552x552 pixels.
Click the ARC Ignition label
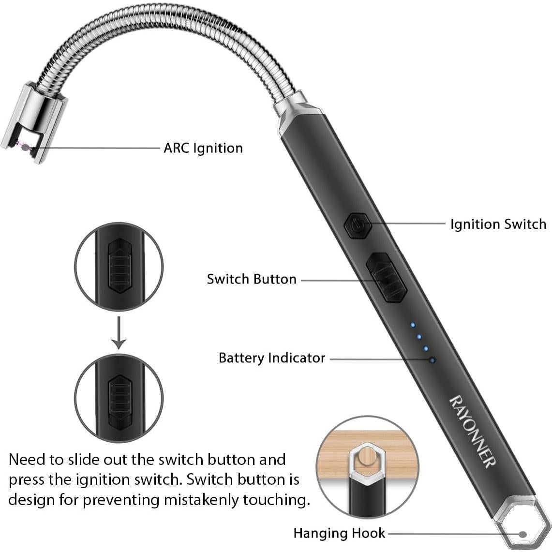(203, 148)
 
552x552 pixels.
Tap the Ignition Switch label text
(498, 224)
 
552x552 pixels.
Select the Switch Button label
(251, 279)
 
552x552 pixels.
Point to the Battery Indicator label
(272, 358)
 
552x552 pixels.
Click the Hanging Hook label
(339, 533)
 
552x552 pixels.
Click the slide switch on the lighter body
(386, 278)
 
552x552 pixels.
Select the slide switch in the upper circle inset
(119, 266)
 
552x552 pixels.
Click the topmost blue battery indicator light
(412, 325)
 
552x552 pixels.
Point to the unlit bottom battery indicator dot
(432, 360)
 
